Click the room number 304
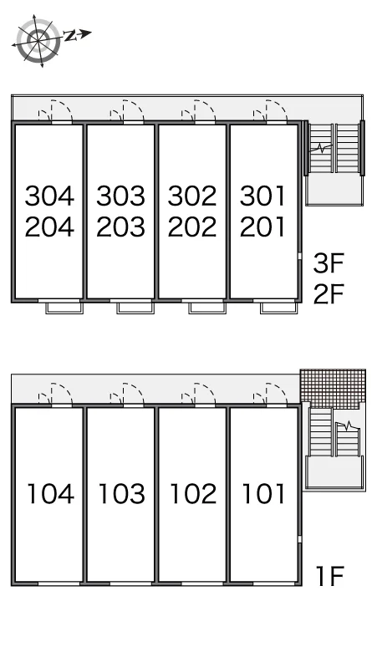pyautogui.click(x=49, y=196)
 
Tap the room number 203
pyautogui.click(x=121, y=227)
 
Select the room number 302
pyautogui.click(x=192, y=196)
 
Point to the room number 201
pyautogui.click(x=262, y=227)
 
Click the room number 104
pyautogui.click(x=51, y=493)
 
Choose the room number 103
pyautogui.click(x=122, y=493)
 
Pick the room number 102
pyautogui.click(x=193, y=493)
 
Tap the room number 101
pyautogui.click(x=263, y=493)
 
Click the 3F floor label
pyautogui.click(x=329, y=263)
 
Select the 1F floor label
pyautogui.click(x=329, y=576)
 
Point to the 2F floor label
pyautogui.click(x=329, y=293)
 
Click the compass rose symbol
pyautogui.click(x=38, y=40)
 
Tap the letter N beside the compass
pyautogui.click(x=70, y=36)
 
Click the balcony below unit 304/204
pyautogui.click(x=64, y=308)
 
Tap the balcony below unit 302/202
pyautogui.click(x=207, y=308)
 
